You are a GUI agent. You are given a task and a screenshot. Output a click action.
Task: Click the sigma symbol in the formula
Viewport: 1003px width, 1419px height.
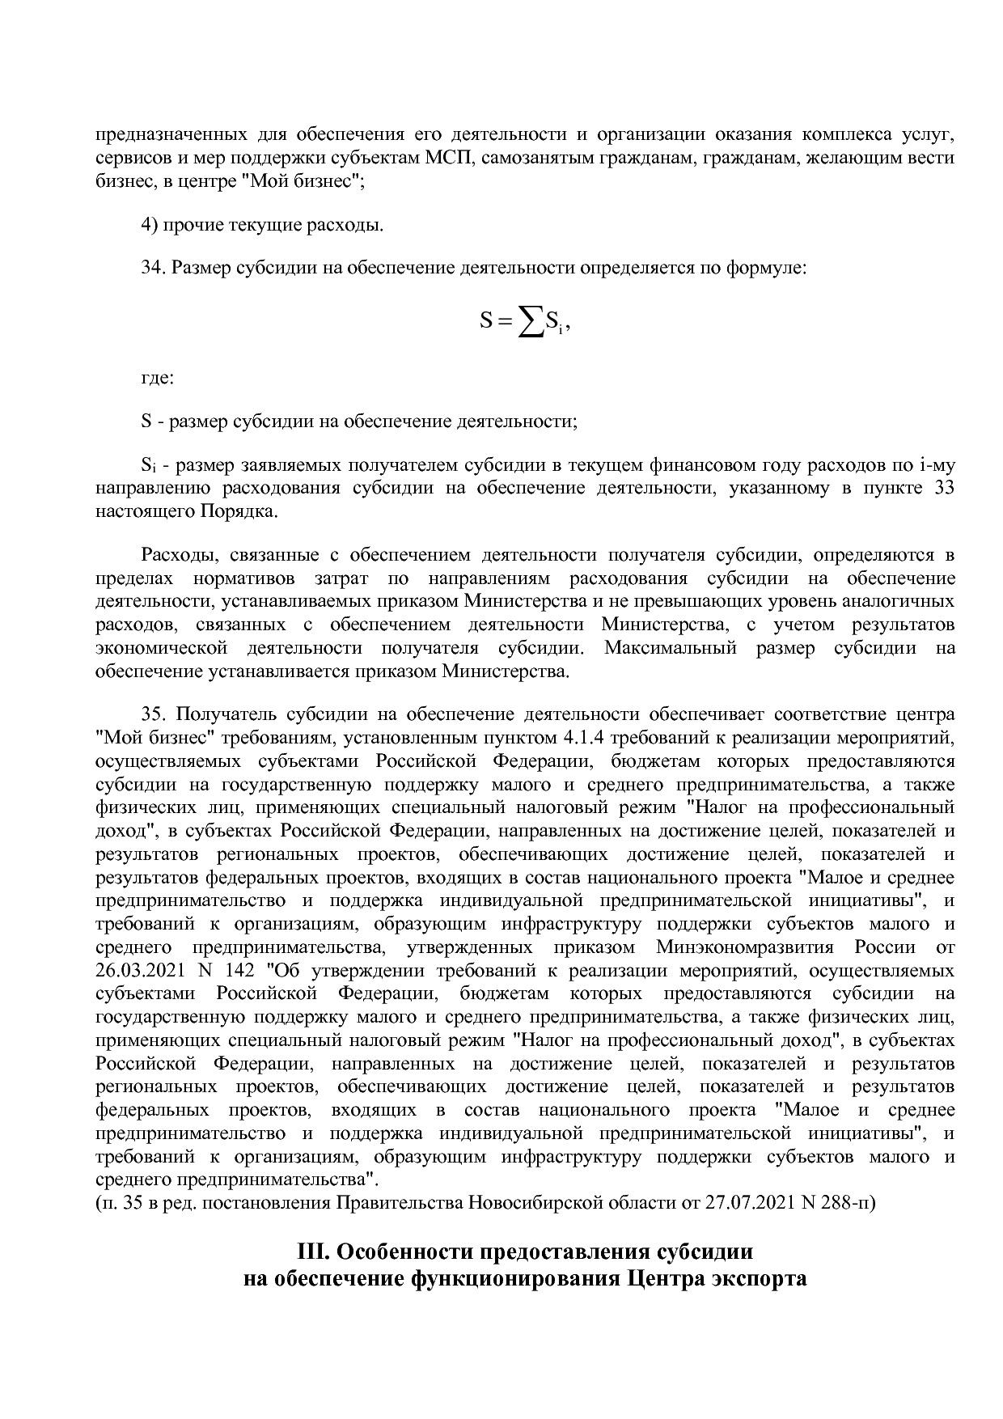pos(530,323)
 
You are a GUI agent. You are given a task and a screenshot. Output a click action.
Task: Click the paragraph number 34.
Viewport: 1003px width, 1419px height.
pos(153,268)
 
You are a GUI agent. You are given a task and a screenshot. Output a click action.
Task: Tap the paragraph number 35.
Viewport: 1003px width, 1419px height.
pos(153,714)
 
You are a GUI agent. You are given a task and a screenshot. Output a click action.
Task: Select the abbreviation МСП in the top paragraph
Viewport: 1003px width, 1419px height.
pos(444,158)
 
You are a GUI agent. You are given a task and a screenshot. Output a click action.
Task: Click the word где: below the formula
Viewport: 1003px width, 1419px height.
pos(157,378)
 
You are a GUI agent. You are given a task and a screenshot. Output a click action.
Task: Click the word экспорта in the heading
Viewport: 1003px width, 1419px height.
pos(758,1279)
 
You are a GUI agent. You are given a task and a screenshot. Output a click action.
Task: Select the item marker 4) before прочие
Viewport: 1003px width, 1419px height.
pos(150,224)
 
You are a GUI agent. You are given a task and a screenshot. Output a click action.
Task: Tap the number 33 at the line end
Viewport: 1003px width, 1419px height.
pos(944,489)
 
